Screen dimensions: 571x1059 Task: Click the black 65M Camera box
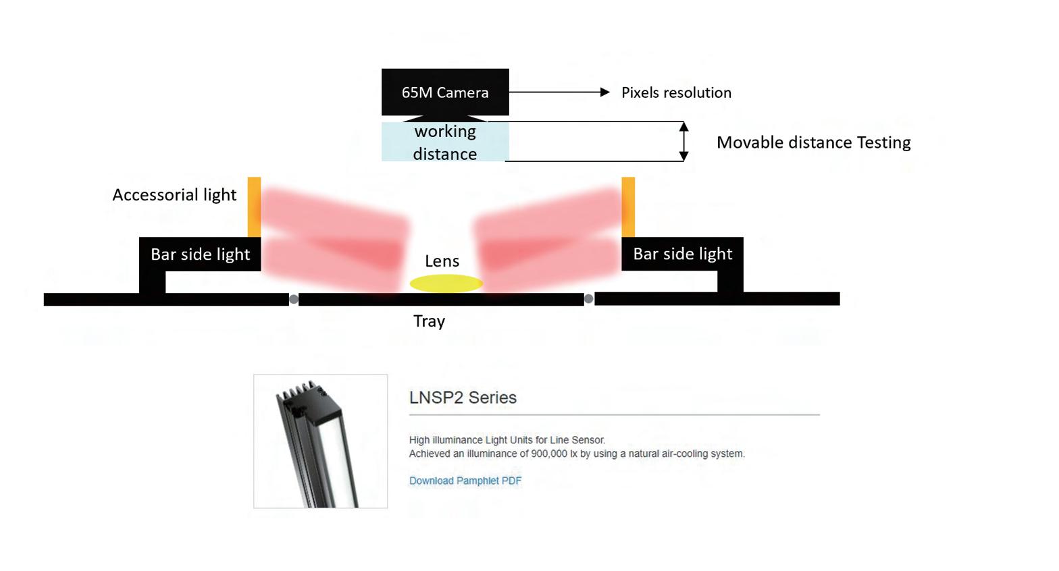pyautogui.click(x=445, y=92)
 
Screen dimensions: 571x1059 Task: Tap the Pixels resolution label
pyautogui.click(x=676, y=92)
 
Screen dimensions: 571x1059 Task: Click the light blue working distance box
pyautogui.click(x=445, y=142)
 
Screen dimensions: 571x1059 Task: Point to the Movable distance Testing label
pyautogui.click(x=813, y=142)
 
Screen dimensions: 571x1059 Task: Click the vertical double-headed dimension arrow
pyautogui.click(x=683, y=142)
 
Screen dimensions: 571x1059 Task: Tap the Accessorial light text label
pyautogui.click(x=174, y=195)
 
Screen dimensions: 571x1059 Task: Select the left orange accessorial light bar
pyautogui.click(x=254, y=207)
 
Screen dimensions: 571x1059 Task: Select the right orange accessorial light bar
pyautogui.click(x=628, y=207)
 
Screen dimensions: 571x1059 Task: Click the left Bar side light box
pyautogui.click(x=200, y=254)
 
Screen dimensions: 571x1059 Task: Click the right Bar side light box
pyautogui.click(x=682, y=254)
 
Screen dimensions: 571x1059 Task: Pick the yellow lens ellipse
pyautogui.click(x=446, y=283)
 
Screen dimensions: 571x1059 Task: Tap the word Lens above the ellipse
pyautogui.click(x=442, y=261)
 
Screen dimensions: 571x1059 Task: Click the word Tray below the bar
pyautogui.click(x=429, y=321)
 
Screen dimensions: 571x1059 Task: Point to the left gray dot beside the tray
pyautogui.click(x=294, y=300)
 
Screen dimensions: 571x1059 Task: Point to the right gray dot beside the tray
pyautogui.click(x=589, y=299)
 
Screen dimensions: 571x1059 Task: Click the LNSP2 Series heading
pyautogui.click(x=463, y=398)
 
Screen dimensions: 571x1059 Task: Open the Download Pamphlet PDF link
pyautogui.click(x=465, y=481)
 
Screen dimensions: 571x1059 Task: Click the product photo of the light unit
pyautogui.click(x=320, y=441)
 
